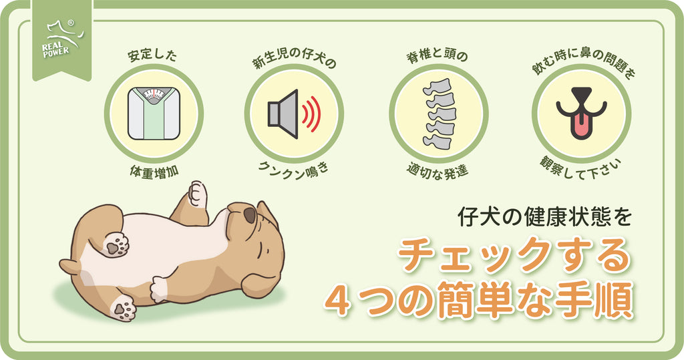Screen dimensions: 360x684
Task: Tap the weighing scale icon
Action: click(153, 114)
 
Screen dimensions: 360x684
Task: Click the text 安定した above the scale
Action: click(152, 55)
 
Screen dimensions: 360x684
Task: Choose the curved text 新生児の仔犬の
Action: click(293, 63)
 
